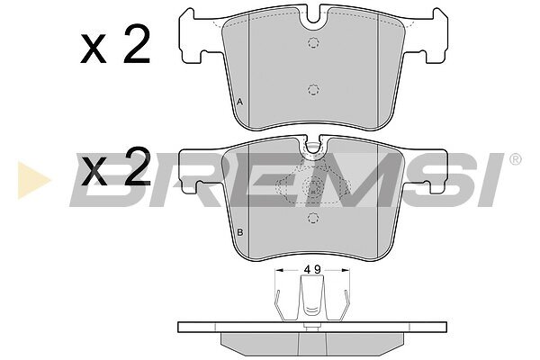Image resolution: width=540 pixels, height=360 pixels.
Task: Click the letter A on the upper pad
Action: (240, 102)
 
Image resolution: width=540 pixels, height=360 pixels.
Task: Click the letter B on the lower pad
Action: (240, 232)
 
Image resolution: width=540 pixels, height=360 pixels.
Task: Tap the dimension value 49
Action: (312, 270)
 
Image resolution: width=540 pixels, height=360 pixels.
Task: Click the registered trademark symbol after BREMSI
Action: (515, 159)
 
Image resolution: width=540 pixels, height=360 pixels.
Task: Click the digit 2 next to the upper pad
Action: (137, 44)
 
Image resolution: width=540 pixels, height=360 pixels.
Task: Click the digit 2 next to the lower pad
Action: (138, 166)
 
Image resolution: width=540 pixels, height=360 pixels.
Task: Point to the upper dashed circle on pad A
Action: (313, 42)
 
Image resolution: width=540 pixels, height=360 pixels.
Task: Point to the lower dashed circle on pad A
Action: (313, 90)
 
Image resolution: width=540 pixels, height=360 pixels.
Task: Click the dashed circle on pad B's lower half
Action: (313, 218)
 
